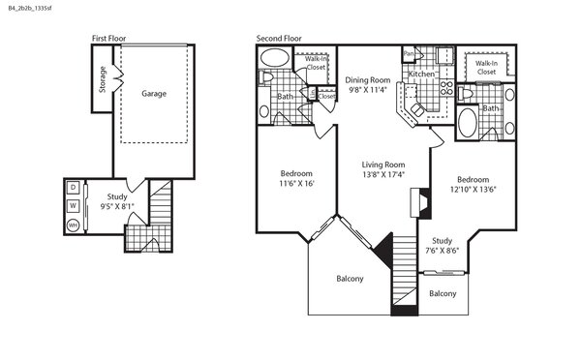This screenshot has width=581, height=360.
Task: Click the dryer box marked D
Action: [x=74, y=188]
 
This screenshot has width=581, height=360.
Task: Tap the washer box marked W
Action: [x=74, y=205]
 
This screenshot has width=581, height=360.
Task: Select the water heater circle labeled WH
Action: [x=74, y=225]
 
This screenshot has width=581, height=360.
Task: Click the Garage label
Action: [x=154, y=94]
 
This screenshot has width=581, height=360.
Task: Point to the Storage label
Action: [x=103, y=79]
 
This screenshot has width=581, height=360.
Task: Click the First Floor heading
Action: [x=108, y=38]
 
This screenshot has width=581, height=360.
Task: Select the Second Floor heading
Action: [x=279, y=38]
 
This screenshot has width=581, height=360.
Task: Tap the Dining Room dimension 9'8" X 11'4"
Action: [x=368, y=90]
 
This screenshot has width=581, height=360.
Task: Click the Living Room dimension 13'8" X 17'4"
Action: [x=383, y=174]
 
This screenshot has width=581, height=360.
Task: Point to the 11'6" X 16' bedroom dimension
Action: [x=296, y=183]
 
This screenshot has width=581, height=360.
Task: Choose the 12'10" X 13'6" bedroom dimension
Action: [x=473, y=190]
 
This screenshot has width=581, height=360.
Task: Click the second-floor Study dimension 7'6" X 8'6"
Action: [x=443, y=251]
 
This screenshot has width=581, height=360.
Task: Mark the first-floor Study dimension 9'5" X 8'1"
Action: [x=117, y=206]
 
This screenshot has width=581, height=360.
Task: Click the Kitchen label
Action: [x=421, y=75]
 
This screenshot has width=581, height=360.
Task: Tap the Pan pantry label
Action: [x=409, y=53]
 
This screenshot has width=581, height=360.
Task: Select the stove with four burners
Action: [x=446, y=88]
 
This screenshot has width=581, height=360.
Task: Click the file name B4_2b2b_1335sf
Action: [x=30, y=8]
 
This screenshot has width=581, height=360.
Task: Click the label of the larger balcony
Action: [x=350, y=279]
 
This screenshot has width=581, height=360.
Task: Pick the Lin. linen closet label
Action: [x=313, y=94]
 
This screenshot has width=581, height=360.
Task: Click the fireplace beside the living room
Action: [x=420, y=202]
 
